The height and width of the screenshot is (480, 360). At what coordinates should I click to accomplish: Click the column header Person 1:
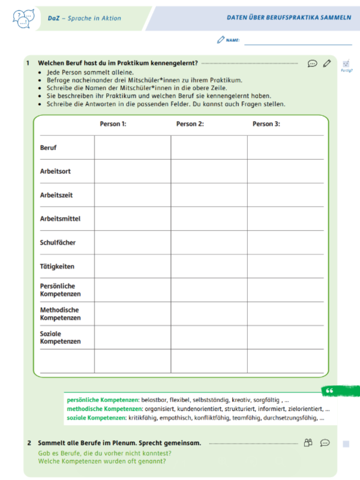pos(113,124)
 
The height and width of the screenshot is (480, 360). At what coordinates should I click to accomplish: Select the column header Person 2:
pos(190,124)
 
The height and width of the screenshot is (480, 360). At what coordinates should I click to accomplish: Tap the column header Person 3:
pos(266,124)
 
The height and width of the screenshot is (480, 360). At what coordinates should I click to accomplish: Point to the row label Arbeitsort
pos(55,172)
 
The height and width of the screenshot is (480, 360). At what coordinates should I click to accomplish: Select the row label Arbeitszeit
pos(56,195)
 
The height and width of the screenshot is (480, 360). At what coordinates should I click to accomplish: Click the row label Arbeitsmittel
pos(60,219)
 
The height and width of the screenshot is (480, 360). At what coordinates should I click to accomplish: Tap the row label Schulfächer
pos(58,242)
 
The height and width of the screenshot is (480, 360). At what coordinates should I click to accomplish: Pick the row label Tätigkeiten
pos(57,266)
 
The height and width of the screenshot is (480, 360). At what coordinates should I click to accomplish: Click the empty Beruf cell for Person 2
pos(209,148)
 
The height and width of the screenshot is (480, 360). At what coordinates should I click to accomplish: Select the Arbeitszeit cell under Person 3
pos(286,195)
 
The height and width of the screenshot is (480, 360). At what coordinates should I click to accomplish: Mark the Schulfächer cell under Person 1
pos(132,242)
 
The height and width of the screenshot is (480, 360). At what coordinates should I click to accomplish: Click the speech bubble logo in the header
pos(23,18)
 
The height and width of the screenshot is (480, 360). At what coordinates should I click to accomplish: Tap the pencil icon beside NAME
pos(221,40)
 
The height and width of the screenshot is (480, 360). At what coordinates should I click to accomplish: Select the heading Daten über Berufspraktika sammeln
pos(289,18)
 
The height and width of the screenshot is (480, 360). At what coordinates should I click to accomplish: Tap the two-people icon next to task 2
pos(308,443)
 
